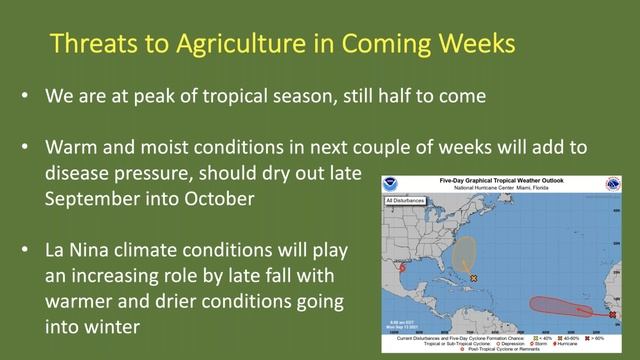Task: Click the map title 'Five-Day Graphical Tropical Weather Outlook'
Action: click(x=510, y=181)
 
